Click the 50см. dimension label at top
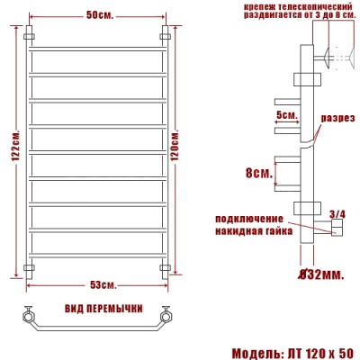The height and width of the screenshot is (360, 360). [99, 16]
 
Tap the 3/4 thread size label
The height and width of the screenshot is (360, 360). [337, 214]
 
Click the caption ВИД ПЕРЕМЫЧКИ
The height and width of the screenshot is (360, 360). [103, 309]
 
